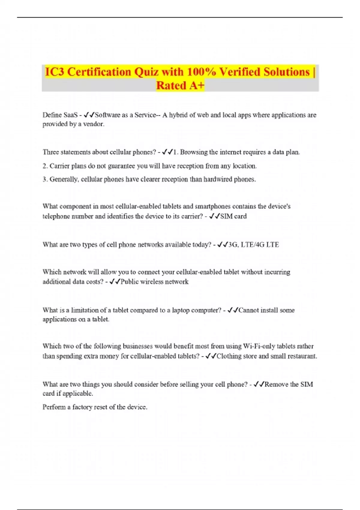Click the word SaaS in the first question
pyautogui.click(x=70, y=115)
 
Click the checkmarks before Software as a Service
pyautogui.click(x=89, y=115)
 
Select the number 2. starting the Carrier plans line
pyautogui.click(x=45, y=166)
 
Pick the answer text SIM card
pyautogui.click(x=233, y=216)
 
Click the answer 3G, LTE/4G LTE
pyautogui.click(x=253, y=245)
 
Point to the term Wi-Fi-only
pyautogui.click(x=259, y=346)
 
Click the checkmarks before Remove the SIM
pyautogui.click(x=259, y=384)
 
